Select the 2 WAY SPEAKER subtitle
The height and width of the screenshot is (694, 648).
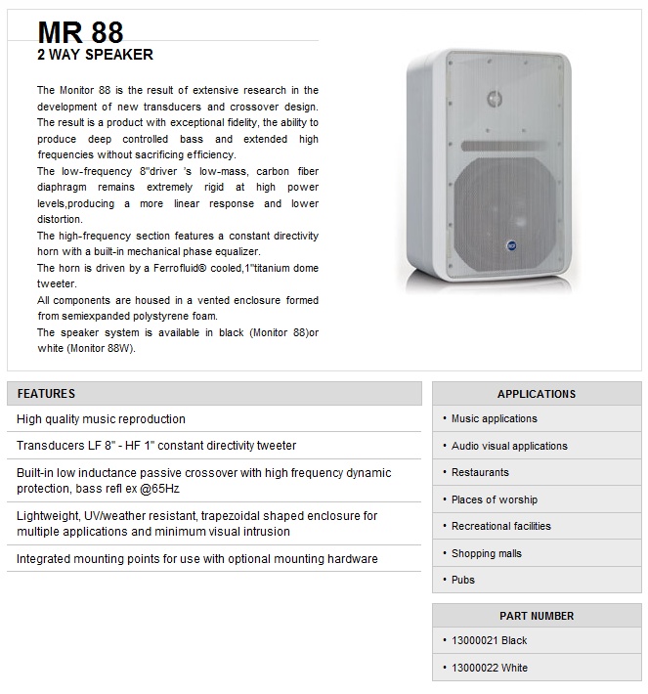95,55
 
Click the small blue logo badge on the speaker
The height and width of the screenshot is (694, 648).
511,244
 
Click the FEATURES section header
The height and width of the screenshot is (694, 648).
46,394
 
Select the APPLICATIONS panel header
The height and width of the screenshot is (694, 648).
537,394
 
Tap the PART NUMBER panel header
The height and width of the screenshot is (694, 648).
537,616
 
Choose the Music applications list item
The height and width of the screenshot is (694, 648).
494,418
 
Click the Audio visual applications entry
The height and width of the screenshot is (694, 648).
509,446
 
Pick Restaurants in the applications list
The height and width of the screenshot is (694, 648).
480,472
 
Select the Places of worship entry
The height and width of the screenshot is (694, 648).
495,499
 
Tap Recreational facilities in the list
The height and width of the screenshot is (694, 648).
500,526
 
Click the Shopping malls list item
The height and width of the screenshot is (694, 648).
487,553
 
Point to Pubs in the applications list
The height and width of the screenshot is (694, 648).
463,580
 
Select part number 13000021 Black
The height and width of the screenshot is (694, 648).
489,640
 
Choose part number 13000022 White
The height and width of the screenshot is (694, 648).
489,668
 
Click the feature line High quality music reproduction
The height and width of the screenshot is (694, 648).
101,419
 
